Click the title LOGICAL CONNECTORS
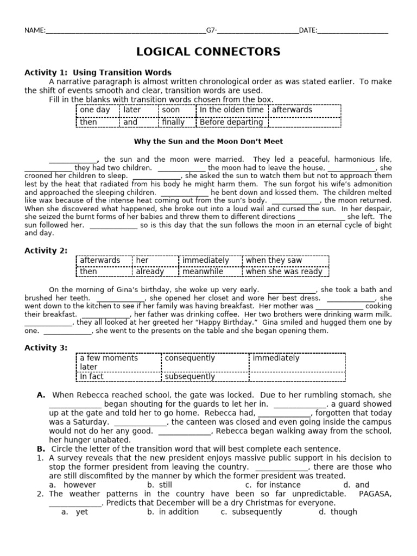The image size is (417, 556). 208,52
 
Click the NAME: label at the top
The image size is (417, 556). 35,30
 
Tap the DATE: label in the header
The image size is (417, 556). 308,30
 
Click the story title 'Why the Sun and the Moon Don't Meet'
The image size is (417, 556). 208,142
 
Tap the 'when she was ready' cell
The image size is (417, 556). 284,271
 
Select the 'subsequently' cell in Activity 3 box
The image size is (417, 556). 190,376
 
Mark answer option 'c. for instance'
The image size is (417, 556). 265,484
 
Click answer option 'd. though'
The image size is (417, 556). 338,511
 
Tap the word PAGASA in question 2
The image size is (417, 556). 376,494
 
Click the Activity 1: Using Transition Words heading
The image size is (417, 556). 98,72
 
